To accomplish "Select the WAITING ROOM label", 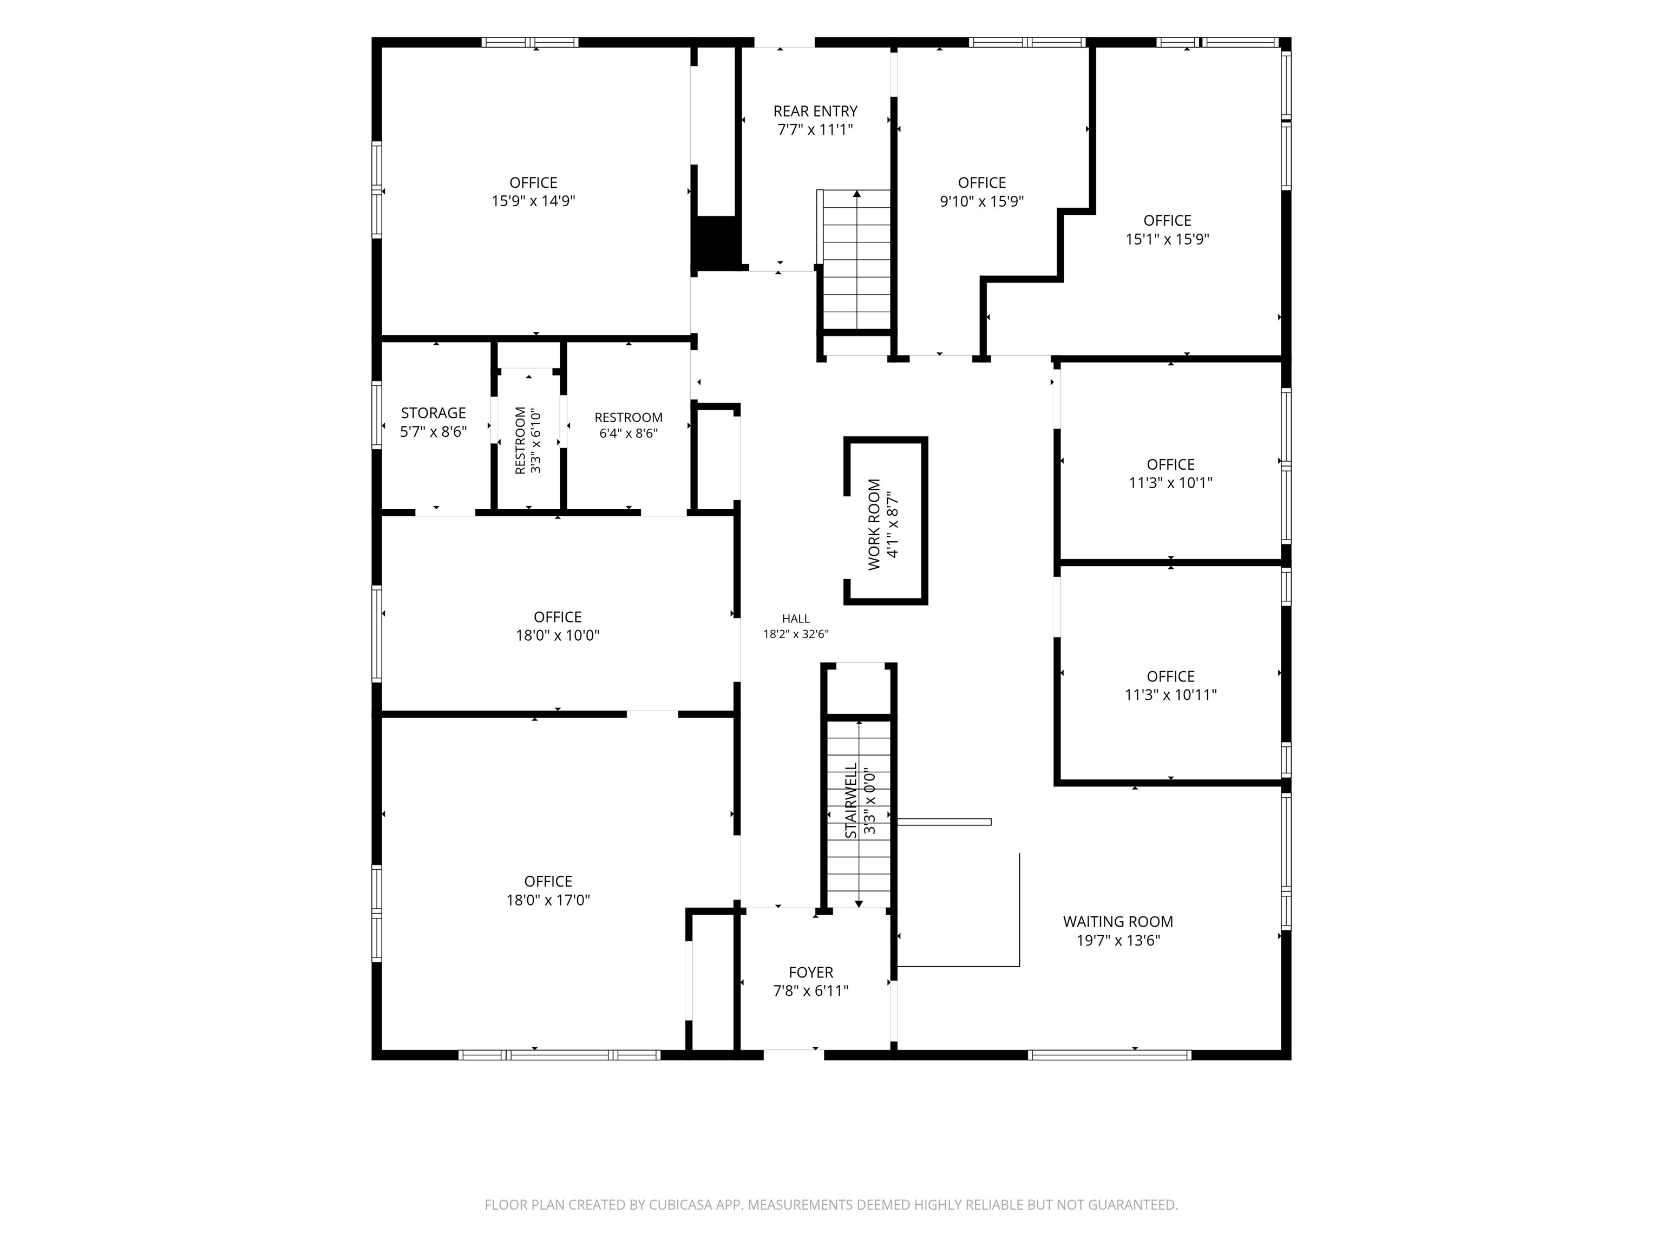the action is (1118, 922).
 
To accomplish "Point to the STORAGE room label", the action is (433, 412).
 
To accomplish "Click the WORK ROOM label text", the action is (874, 524).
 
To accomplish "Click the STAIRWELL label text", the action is (851, 801).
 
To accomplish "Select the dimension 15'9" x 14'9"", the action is (534, 201).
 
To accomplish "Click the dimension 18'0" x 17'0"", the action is (548, 900).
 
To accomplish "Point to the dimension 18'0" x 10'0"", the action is (557, 635).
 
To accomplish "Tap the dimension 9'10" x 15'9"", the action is (982, 201).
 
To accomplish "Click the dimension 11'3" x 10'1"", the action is (1170, 483).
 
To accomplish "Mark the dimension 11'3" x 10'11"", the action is (1170, 694).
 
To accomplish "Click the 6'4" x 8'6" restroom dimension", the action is (628, 433).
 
